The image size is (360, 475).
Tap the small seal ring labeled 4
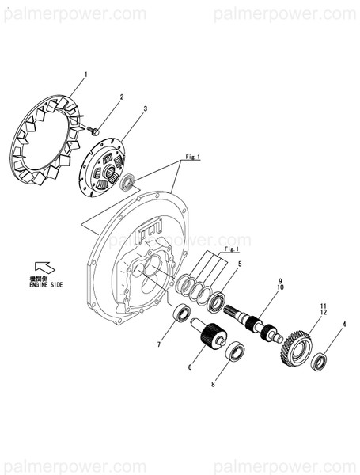319,363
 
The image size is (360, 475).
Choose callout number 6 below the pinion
190,367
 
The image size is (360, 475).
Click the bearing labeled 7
183,315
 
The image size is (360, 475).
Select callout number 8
212,386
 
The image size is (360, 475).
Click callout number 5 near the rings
240,263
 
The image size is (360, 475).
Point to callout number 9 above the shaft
279,282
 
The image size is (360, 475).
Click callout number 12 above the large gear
323,313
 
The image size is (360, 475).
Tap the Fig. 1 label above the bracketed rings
232,249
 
